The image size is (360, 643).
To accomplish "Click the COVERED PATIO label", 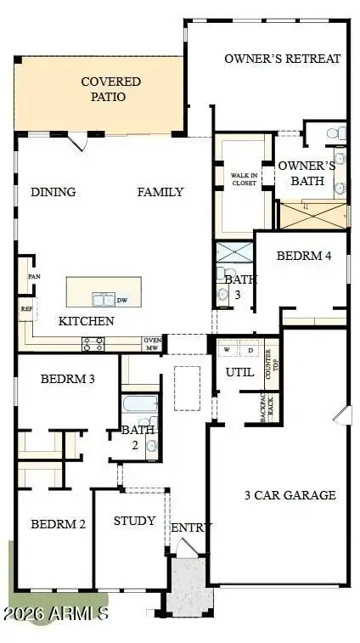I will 110,89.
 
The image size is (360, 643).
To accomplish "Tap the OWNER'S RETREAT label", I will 282,59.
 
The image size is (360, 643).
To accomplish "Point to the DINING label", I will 53,192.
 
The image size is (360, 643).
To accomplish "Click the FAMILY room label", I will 160,192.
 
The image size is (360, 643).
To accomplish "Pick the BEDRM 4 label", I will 298,256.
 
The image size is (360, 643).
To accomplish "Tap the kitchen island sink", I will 104,299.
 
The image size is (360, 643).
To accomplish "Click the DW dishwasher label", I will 122,300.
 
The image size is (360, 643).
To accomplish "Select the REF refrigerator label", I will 25,310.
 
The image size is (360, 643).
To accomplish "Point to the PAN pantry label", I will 34,277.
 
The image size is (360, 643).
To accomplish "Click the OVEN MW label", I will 153,343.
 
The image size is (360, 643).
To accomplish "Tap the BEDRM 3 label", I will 67,379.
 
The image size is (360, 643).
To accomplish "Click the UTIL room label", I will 233,372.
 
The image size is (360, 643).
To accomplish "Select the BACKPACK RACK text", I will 250,410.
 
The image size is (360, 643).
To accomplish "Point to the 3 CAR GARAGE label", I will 290,495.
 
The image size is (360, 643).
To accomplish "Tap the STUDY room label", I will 134,521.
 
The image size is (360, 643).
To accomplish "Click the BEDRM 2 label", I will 58,524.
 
